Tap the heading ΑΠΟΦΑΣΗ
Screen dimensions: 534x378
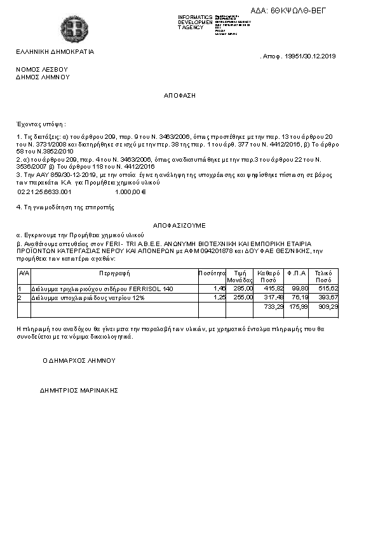[x=180, y=94]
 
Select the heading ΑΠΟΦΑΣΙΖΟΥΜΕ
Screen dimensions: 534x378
[x=179, y=225]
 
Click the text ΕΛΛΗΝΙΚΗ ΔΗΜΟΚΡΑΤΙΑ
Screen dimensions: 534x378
[x=55, y=52]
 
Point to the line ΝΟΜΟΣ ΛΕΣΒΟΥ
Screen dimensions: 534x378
[x=42, y=68]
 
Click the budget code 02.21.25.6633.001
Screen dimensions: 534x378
[x=44, y=191]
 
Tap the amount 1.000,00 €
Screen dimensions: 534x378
[x=131, y=191]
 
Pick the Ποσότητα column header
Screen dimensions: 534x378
[x=212, y=273]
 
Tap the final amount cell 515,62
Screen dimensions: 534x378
[x=328, y=289]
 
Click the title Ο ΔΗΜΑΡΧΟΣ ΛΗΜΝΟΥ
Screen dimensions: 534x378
[x=79, y=360]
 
